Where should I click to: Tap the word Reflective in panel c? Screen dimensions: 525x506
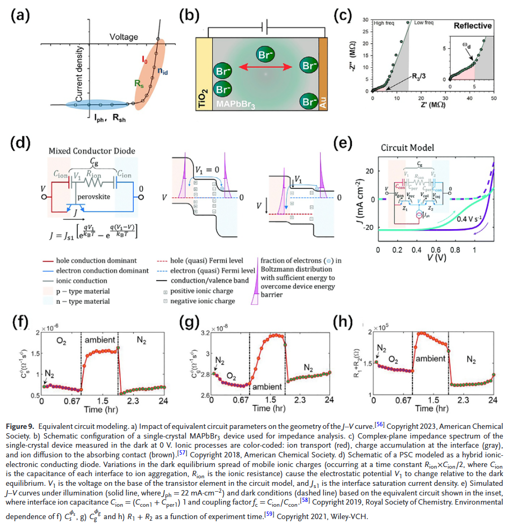[x=473, y=26]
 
